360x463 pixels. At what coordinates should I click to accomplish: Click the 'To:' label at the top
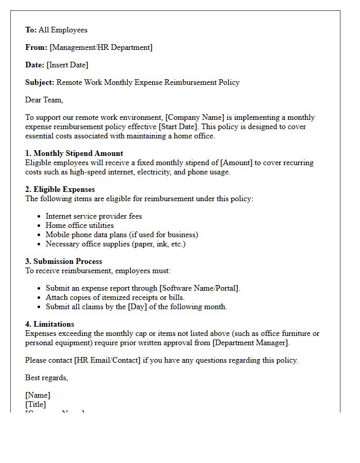(x=31, y=30)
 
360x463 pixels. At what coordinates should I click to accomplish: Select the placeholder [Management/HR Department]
(x=101, y=47)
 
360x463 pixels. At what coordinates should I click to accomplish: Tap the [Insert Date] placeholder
(x=67, y=65)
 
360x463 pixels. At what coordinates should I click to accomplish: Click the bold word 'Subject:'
(x=40, y=82)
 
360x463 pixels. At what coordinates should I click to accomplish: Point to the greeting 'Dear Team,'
(x=44, y=100)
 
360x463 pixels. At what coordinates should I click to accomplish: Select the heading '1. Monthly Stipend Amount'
(x=74, y=153)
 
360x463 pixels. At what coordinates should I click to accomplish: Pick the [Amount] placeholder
(x=237, y=163)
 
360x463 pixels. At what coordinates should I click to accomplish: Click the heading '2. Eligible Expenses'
(x=60, y=189)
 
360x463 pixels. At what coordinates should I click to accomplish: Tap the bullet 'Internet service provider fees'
(x=94, y=216)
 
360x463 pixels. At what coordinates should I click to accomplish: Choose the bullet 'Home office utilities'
(x=80, y=225)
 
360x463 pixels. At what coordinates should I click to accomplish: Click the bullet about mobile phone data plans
(x=122, y=235)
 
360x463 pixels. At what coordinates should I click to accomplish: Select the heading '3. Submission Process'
(x=64, y=261)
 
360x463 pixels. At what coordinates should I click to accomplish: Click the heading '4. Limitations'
(x=49, y=324)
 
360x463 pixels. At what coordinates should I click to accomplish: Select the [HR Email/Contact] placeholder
(x=107, y=360)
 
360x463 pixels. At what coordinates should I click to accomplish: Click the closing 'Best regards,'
(x=46, y=378)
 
